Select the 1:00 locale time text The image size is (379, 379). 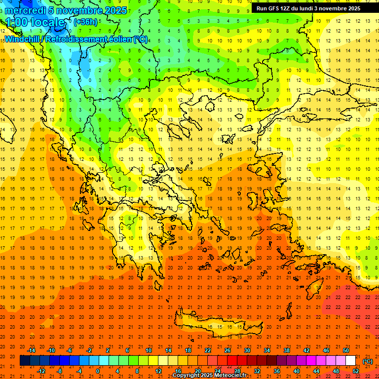pos(36,22)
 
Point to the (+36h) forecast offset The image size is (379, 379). pos(85,22)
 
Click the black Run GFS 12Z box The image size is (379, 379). pos(308,8)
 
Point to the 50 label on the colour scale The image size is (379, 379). pos(346,350)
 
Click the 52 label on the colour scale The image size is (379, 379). pos(356,371)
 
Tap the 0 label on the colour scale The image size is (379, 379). pos(98,371)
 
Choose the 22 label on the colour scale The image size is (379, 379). pos(208,350)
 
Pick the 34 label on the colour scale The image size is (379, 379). pos(267,350)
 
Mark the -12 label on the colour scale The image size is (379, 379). pos(41,371)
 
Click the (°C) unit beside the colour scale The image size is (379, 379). pos(368,361)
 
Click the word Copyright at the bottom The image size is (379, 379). pos(188,376)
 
